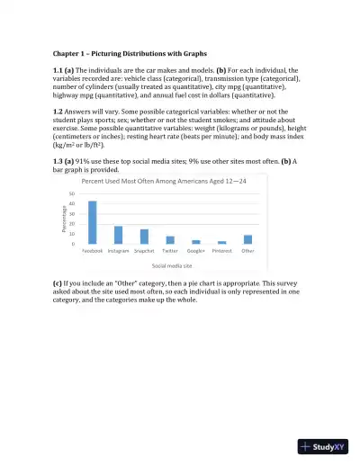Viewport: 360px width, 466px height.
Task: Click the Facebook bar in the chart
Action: click(x=93, y=223)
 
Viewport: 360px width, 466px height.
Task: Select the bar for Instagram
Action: click(x=118, y=236)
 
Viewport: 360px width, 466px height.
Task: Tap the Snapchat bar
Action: click(x=144, y=237)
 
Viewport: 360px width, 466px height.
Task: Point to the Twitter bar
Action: click(x=170, y=240)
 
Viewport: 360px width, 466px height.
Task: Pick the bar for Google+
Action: click(x=196, y=242)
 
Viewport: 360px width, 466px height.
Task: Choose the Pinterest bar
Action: click(x=222, y=243)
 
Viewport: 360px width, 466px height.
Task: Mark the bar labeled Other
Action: click(x=248, y=239)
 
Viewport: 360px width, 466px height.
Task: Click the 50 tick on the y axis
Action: click(x=72, y=194)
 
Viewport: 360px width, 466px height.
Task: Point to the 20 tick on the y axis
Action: click(x=72, y=224)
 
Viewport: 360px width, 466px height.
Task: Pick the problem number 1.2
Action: click(x=60, y=118)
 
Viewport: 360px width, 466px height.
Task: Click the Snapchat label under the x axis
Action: click(x=144, y=252)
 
